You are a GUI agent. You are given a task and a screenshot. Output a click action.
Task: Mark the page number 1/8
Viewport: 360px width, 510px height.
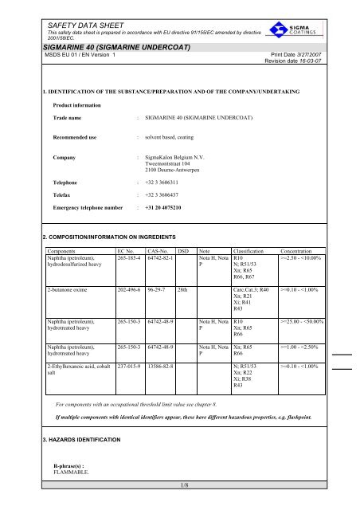tap(180, 504)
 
